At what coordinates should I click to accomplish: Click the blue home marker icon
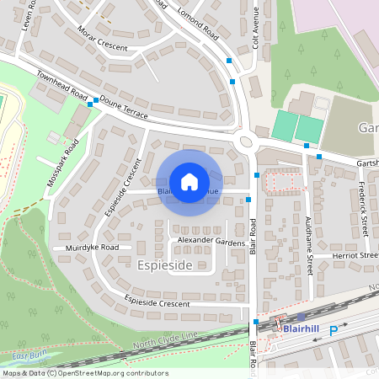189,182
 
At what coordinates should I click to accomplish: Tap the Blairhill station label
302,328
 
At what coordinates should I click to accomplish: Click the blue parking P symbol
334,332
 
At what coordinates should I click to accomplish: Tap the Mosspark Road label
63,159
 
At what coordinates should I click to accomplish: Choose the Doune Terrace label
124,108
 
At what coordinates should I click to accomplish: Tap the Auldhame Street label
309,244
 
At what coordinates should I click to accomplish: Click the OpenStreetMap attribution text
73,373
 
